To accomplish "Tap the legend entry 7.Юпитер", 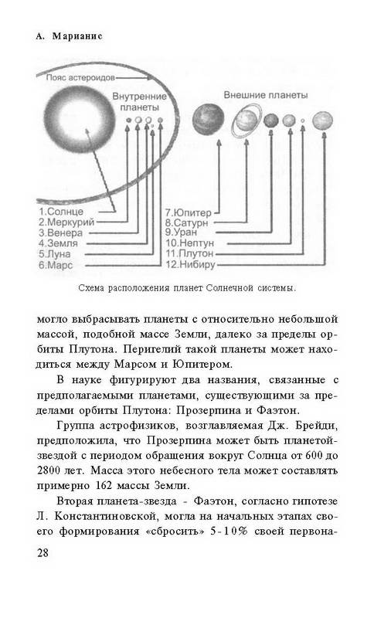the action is [x=188, y=213].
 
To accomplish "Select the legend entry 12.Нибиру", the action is [x=190, y=264].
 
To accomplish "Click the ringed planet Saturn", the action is [x=246, y=121].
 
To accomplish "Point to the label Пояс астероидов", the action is [x=80, y=78].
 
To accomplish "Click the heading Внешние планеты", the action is [x=266, y=95].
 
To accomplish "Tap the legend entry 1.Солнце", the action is [x=61, y=212].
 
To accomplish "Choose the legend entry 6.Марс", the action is [x=56, y=265].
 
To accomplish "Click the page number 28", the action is [x=43, y=552].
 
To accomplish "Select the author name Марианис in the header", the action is [x=77, y=36].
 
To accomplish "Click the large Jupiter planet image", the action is [x=209, y=118].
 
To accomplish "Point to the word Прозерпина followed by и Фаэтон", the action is [x=208, y=410].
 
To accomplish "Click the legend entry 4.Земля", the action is [x=58, y=243].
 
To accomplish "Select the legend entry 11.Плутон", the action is [x=189, y=253].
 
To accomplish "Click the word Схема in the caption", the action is [x=91, y=288].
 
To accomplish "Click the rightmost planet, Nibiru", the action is [x=322, y=121].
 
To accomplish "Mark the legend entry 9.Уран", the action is [x=182, y=233].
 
